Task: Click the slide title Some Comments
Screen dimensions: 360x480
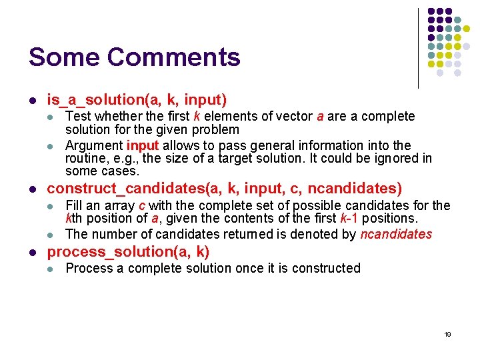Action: [134, 57]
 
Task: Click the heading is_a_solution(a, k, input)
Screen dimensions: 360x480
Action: [137, 100]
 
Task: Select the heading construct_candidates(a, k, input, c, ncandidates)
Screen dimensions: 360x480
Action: [224, 189]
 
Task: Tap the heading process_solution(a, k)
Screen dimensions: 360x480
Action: [128, 251]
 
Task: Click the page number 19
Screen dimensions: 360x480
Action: [447, 334]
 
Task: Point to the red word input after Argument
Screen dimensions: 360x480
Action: [143, 145]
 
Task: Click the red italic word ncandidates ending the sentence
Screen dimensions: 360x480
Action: [396, 234]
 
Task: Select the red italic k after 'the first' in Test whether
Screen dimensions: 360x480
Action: [197, 116]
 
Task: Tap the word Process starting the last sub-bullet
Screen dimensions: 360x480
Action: [88, 268]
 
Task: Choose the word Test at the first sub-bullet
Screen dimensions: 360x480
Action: [77, 116]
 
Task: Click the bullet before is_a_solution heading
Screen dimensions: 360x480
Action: [32, 101]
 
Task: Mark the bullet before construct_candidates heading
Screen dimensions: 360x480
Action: [32, 189]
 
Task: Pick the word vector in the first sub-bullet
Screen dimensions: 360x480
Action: [293, 116]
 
